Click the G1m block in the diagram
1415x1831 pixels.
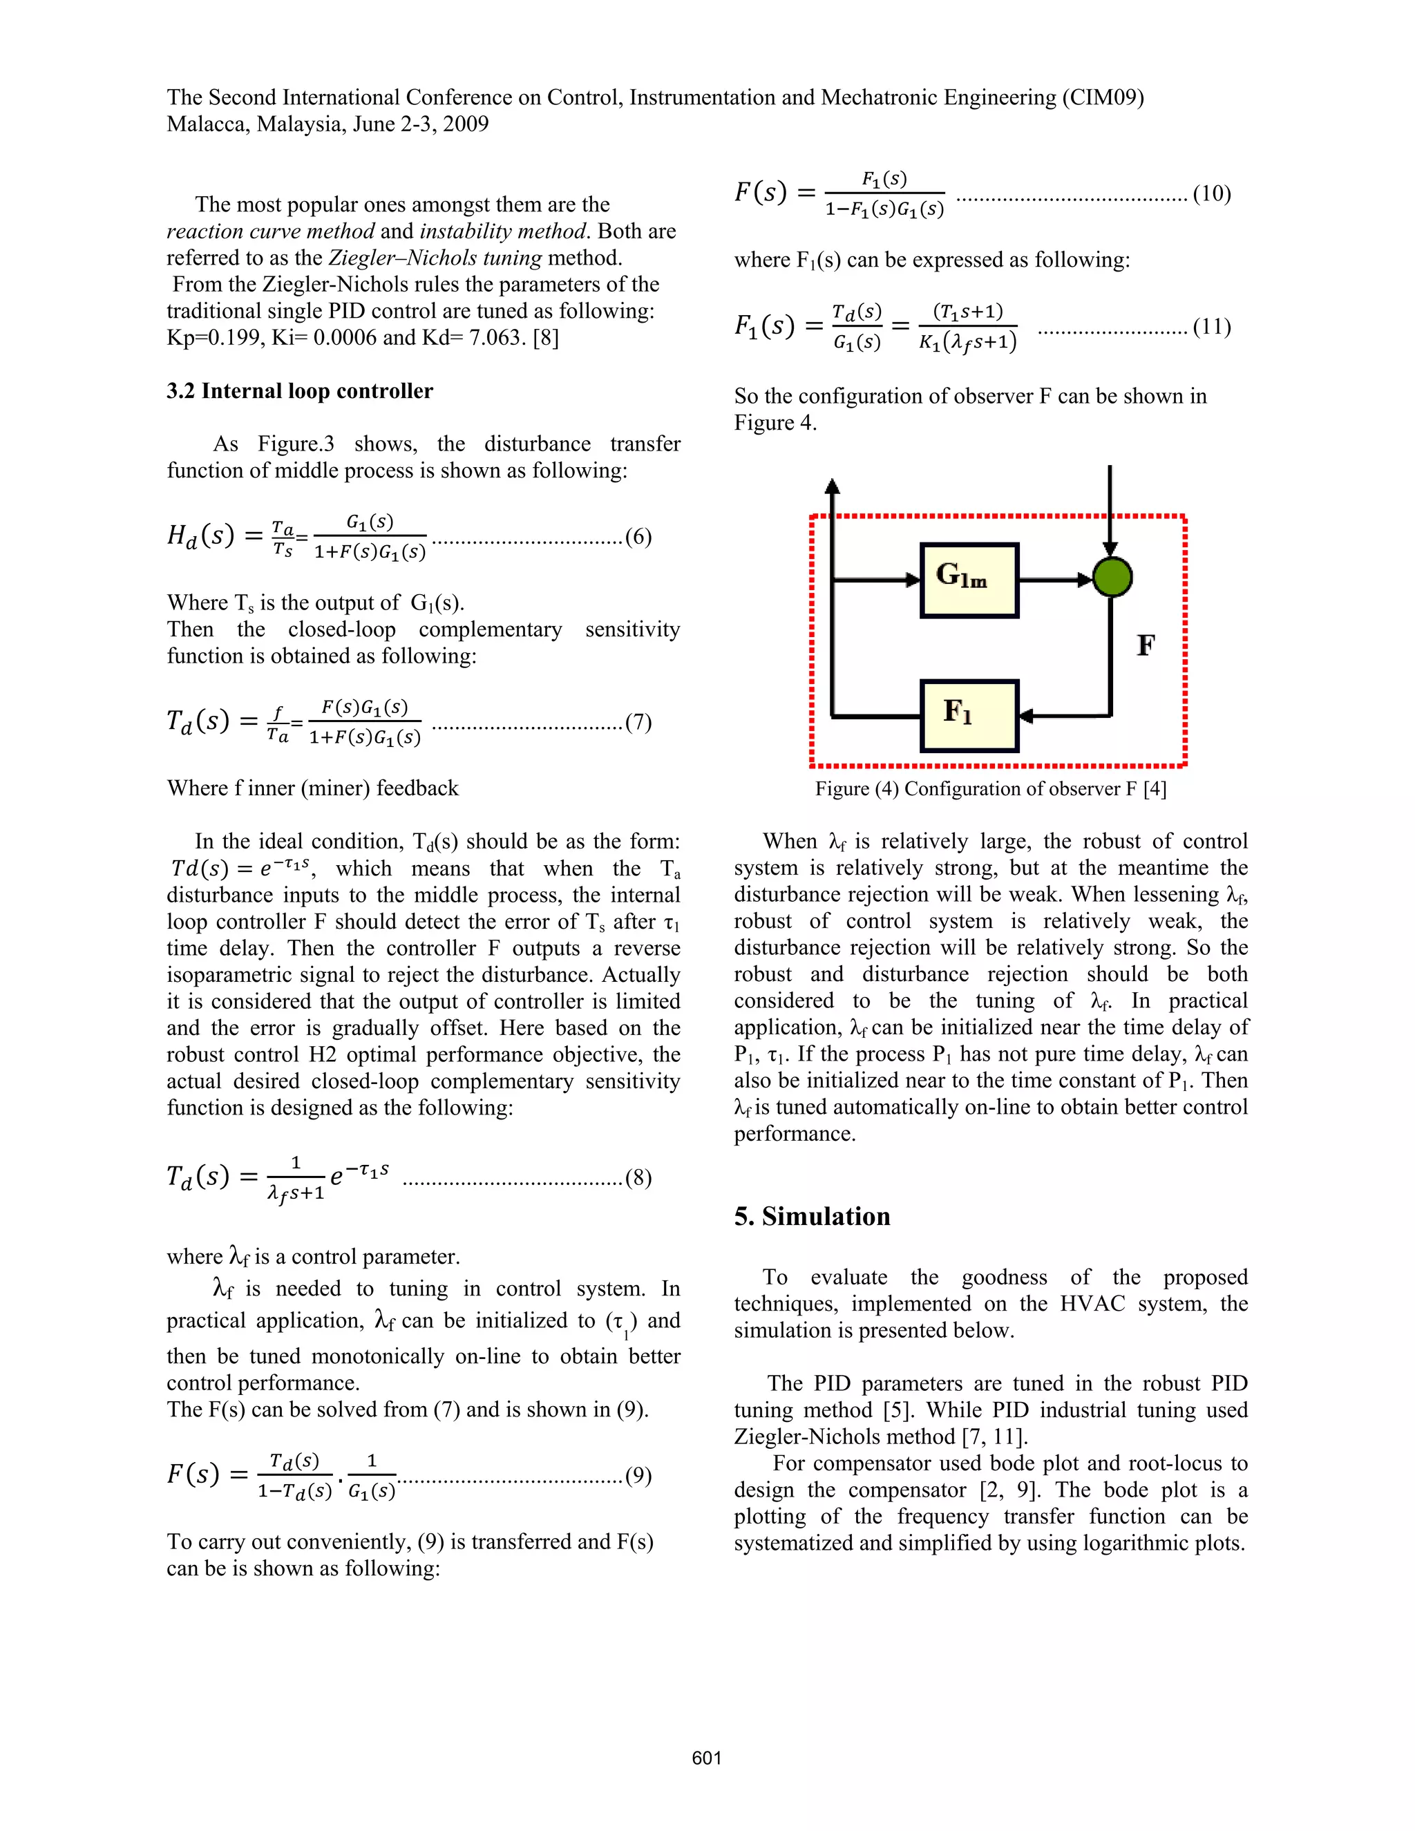pos(969,580)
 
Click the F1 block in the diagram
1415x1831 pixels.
pos(969,715)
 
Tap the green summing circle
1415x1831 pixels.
pos(1112,578)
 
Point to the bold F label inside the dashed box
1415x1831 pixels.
pos(1145,645)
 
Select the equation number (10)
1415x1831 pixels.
pos(1211,195)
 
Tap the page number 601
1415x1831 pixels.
pos(707,1758)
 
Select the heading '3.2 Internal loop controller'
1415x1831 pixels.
pos(299,392)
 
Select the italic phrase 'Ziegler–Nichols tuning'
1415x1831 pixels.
pos(434,258)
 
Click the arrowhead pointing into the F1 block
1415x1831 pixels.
pos(1025,716)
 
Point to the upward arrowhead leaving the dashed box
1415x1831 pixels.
pos(832,486)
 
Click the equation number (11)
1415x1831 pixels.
pos(1211,327)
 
